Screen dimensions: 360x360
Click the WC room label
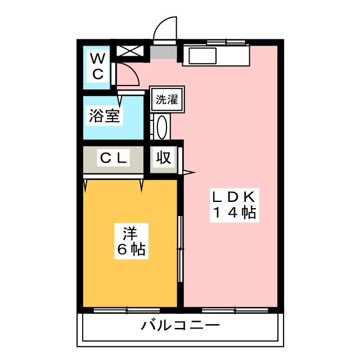97,66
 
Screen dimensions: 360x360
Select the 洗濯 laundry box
166,101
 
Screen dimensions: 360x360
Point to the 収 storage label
163,158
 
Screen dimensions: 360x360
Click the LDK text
234,197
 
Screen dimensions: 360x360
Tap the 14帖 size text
234,213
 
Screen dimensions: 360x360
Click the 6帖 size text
131,248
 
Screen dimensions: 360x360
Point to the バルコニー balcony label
180,325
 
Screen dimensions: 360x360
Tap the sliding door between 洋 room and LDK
180,247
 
